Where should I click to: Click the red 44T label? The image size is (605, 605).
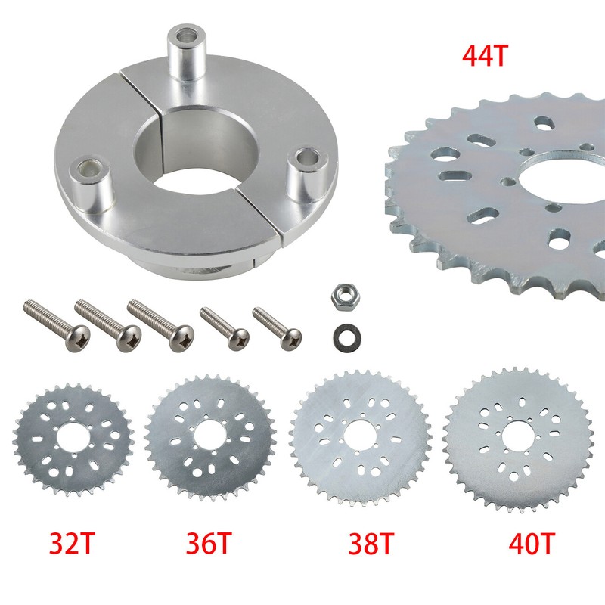pos(483,56)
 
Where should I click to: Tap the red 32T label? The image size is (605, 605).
pos(72,543)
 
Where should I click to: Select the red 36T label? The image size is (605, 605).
pos(209,543)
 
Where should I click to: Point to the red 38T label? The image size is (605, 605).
pos(371,543)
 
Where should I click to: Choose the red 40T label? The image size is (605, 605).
pos(532,543)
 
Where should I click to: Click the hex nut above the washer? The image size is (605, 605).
pos(343,296)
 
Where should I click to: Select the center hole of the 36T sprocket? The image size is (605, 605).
pos(209,436)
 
